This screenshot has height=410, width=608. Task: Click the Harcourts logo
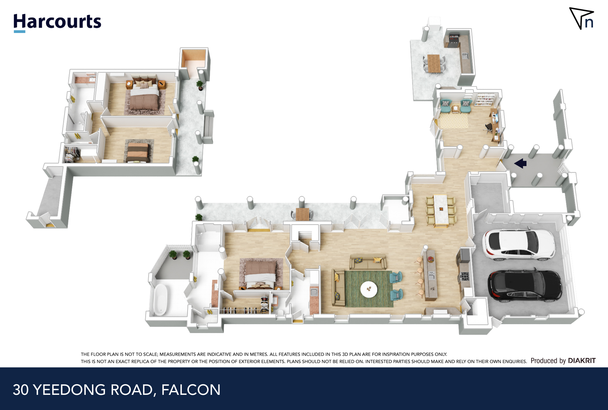(x=57, y=23)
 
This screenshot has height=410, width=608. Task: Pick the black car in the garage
(x=525, y=286)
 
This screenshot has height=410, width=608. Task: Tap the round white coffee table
(x=369, y=289)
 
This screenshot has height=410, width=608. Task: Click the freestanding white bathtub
(x=161, y=299)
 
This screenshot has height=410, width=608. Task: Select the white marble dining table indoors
(x=441, y=210)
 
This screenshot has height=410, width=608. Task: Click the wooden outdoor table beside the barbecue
(x=434, y=63)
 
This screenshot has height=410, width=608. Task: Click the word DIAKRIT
(x=582, y=361)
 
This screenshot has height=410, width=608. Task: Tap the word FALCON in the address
(x=191, y=390)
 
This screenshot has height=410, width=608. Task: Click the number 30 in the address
(x=21, y=390)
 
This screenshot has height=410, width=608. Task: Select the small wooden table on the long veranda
(x=302, y=214)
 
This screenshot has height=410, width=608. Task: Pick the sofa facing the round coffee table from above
(x=368, y=262)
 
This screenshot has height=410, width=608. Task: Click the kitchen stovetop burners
(x=464, y=276)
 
